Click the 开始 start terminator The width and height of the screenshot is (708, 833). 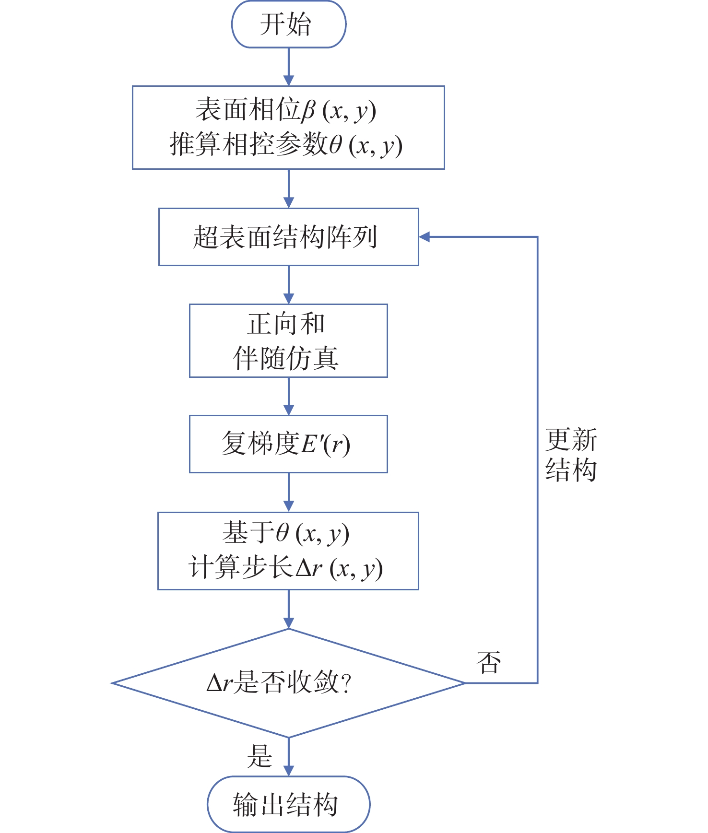(x=288, y=24)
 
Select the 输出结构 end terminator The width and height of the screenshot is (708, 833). (x=288, y=804)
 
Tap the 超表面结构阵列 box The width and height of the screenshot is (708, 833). (x=288, y=237)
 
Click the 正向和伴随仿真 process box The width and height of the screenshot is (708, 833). (x=288, y=340)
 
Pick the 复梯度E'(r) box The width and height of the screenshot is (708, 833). (x=288, y=444)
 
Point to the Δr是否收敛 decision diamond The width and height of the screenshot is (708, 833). (x=288, y=682)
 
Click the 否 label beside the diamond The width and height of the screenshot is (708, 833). (x=489, y=663)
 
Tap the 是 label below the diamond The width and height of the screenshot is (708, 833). (x=259, y=756)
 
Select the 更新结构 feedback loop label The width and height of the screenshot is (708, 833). (x=571, y=455)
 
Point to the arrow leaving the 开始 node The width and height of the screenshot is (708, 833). (x=288, y=67)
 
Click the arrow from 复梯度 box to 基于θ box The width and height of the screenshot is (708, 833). (x=288, y=493)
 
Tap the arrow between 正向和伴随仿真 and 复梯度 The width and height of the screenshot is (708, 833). (x=288, y=396)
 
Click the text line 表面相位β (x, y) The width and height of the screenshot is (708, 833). (x=286, y=110)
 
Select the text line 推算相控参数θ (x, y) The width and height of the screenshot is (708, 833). (x=286, y=145)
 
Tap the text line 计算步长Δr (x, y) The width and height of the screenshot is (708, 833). (x=286, y=568)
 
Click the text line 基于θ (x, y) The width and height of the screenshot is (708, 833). (x=286, y=533)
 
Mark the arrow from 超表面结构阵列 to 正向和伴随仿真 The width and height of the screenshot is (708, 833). (x=288, y=285)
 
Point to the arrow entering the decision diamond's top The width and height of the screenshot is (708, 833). (x=288, y=609)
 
